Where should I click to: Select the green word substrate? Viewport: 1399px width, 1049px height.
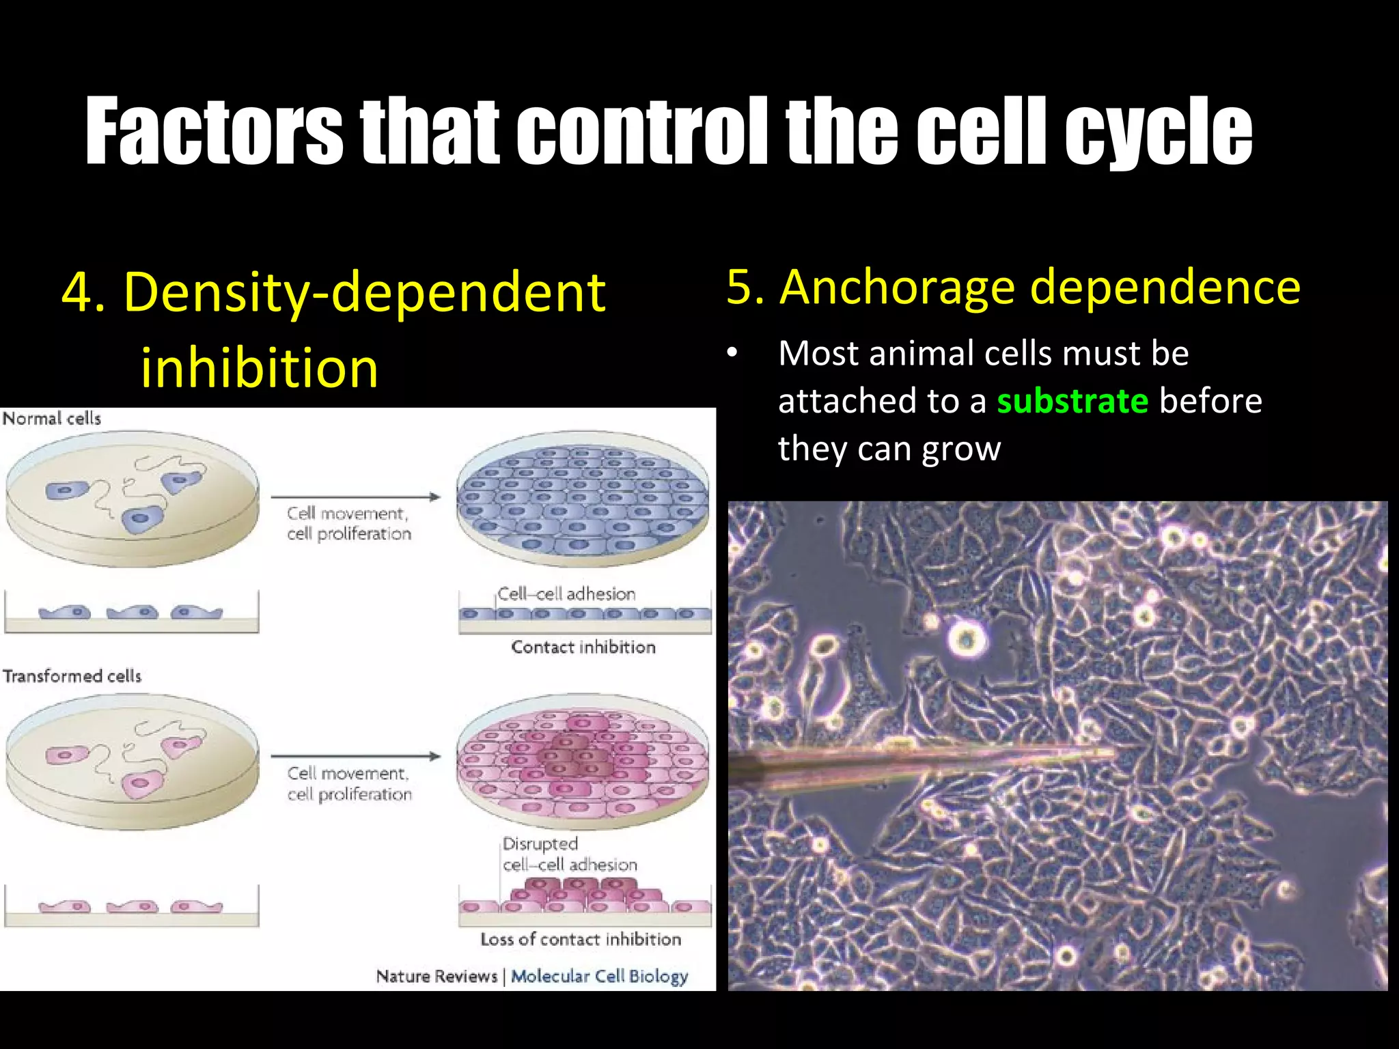click(1072, 402)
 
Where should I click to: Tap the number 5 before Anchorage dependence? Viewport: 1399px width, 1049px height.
click(745, 288)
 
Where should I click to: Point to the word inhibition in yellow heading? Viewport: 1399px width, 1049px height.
click(259, 368)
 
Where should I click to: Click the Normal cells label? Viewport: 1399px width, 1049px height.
click(52, 419)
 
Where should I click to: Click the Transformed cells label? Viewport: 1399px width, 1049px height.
click(72, 676)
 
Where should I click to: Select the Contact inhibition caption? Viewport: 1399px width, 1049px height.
click(583, 647)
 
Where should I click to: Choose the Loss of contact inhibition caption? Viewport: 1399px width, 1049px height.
click(581, 939)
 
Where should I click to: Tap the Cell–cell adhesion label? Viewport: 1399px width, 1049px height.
click(566, 594)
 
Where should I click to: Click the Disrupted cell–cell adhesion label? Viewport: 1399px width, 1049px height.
click(569, 854)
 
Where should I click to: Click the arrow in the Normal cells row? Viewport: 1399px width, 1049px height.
click(355, 497)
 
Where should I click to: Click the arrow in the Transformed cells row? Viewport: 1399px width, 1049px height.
click(355, 756)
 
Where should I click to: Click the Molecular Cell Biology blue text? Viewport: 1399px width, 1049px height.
click(599, 976)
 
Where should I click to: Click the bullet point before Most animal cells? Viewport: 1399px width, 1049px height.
click(732, 353)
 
